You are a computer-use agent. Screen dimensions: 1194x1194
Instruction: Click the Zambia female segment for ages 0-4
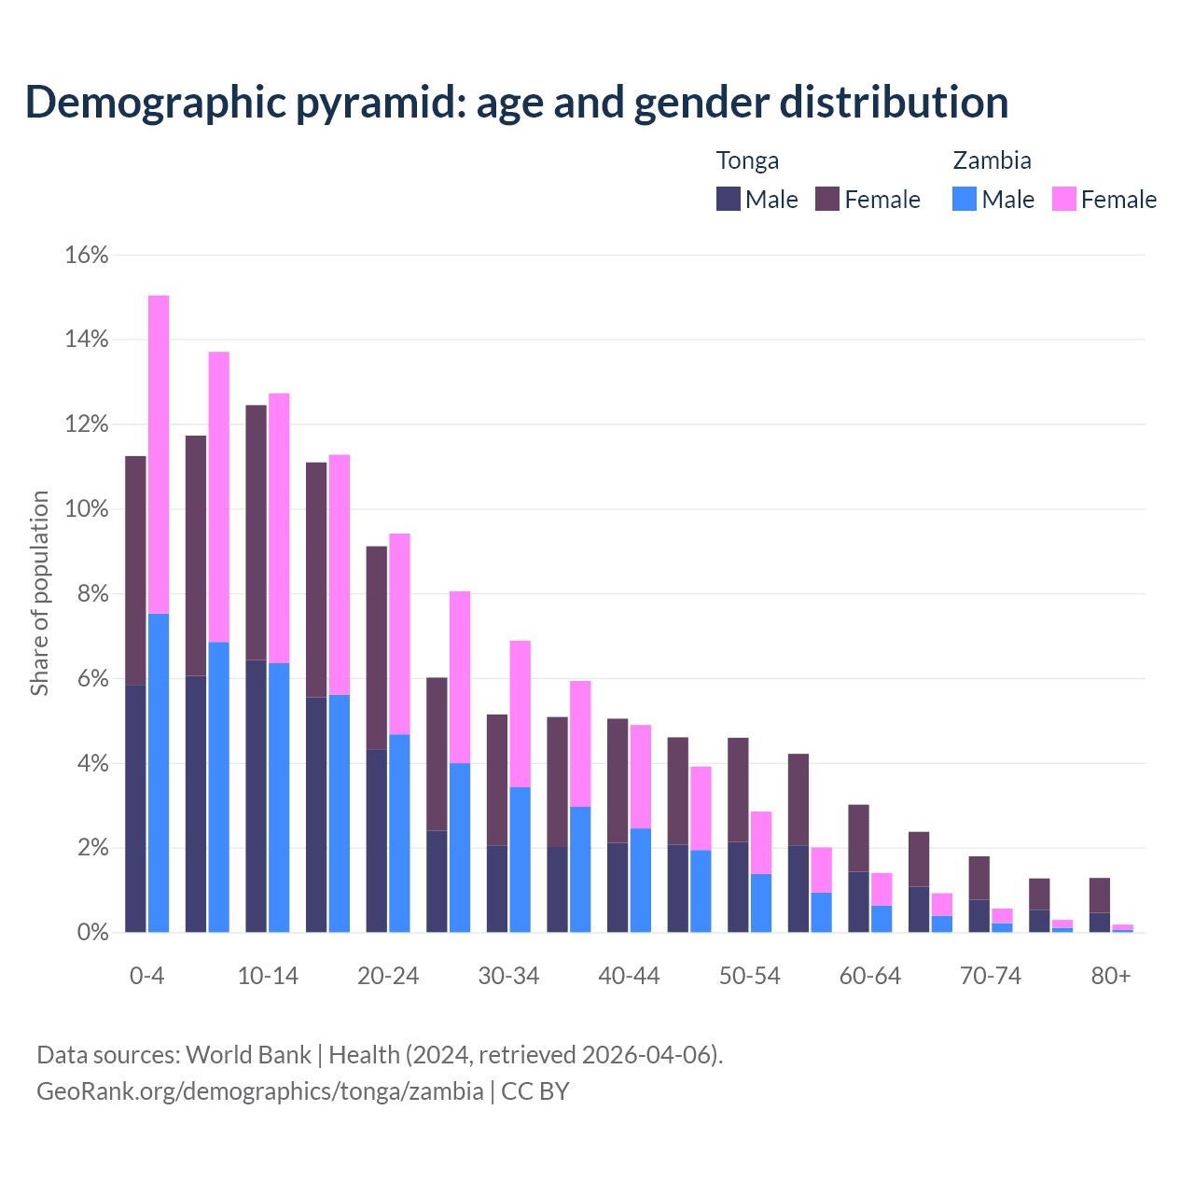159,454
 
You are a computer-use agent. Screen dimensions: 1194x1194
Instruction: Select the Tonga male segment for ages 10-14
256,796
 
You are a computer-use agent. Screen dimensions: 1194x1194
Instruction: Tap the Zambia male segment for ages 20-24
399,833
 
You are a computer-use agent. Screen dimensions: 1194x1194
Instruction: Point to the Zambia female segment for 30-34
520,714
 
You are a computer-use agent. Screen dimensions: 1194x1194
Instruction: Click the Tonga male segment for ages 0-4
135,809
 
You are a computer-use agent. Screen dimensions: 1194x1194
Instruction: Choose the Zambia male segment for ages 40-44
640,880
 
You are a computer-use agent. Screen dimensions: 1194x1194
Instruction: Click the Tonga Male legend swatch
729,199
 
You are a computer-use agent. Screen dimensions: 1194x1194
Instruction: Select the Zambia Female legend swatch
1063,199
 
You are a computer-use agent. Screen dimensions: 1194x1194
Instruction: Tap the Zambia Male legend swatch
965,199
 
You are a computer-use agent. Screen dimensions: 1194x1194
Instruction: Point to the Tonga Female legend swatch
827,199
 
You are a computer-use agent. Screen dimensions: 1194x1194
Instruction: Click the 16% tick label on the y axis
87,255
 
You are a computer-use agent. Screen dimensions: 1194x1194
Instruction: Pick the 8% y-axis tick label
92,594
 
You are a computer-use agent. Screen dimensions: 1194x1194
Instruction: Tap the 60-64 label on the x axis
870,976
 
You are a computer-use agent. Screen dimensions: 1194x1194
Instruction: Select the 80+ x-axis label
1111,976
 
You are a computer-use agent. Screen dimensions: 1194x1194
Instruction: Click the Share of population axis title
39,593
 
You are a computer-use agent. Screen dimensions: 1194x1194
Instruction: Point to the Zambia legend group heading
992,160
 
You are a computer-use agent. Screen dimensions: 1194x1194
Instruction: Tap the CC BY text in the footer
535,1091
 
